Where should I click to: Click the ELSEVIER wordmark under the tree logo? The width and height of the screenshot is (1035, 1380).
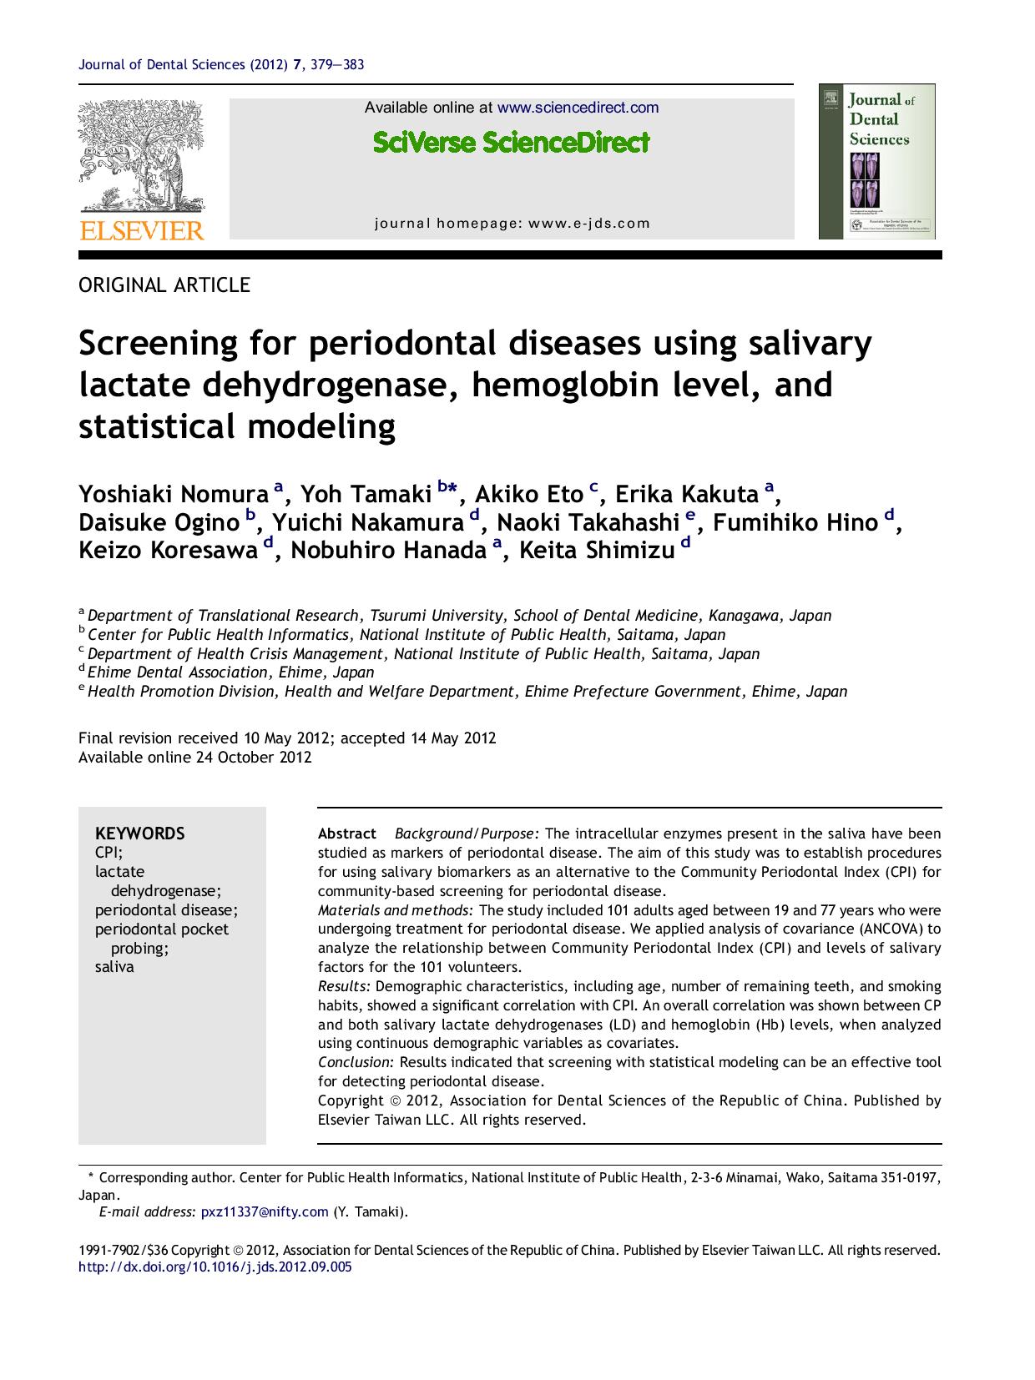(141, 230)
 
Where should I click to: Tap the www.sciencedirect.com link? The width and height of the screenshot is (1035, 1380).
(578, 108)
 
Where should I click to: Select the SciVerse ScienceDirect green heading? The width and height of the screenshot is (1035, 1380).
(511, 143)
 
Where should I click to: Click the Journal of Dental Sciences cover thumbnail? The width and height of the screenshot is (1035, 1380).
(876, 161)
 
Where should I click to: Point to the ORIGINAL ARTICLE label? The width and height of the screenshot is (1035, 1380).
(164, 285)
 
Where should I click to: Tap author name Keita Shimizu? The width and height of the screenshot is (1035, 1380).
(596, 551)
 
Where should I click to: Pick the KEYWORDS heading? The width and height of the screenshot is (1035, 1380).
(140, 834)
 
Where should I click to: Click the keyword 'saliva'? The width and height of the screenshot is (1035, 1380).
(114, 968)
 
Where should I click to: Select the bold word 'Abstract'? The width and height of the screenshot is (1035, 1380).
(347, 834)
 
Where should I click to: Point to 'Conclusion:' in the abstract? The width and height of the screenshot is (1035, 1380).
(356, 1063)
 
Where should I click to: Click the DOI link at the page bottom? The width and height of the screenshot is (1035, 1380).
(215, 1267)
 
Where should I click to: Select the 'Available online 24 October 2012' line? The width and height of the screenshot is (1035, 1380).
(194, 758)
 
